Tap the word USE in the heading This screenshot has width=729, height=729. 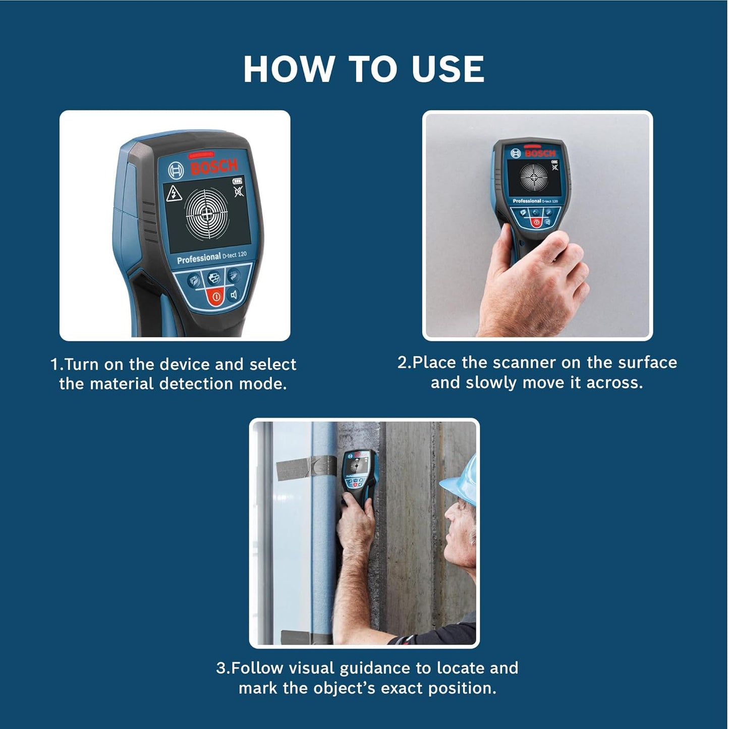point(448,69)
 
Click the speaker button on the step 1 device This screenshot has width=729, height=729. point(234,295)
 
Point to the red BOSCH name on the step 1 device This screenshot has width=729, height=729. point(214,167)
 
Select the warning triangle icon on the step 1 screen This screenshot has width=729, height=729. point(175,193)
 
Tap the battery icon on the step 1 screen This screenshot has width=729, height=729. point(237,181)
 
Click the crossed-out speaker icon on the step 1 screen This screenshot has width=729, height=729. point(239,192)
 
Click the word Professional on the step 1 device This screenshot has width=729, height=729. point(199,259)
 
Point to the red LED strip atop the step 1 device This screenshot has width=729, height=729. point(201,155)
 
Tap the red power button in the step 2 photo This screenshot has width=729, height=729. point(536,222)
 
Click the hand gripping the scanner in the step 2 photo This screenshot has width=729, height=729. point(530,283)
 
